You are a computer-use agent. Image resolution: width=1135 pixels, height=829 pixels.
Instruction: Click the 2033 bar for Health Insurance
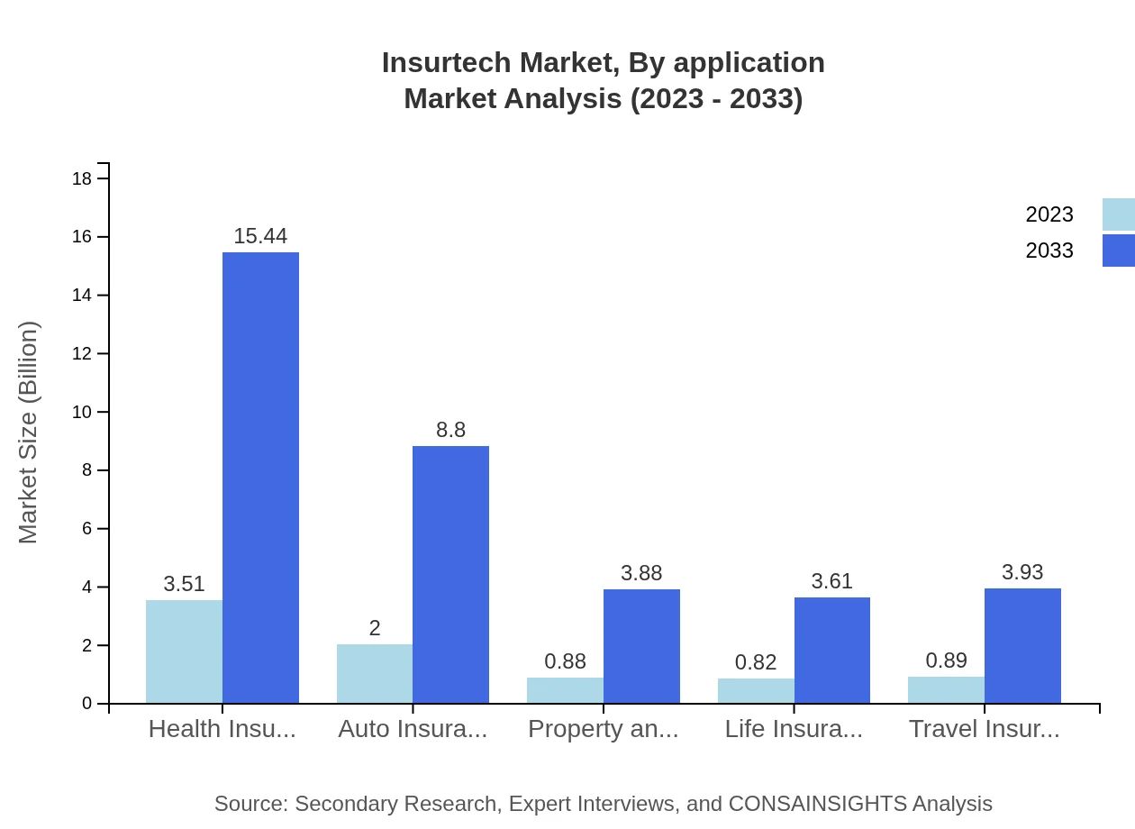click(260, 478)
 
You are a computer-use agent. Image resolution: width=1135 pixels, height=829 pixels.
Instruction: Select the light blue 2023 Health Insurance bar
click(184, 651)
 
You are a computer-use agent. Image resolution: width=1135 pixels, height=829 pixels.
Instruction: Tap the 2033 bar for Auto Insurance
click(450, 574)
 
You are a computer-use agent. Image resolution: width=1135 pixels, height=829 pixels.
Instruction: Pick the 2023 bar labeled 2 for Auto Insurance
click(375, 673)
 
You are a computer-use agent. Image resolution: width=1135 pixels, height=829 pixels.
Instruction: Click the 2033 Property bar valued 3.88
click(641, 646)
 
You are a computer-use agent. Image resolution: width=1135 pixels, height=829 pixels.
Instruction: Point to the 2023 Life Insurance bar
click(756, 690)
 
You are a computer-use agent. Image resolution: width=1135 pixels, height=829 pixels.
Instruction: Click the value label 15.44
click(260, 236)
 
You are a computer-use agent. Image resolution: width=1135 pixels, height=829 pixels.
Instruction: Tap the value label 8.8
click(450, 430)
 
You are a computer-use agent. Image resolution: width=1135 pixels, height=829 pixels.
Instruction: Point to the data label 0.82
click(756, 662)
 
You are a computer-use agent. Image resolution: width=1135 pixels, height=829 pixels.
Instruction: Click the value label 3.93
click(1022, 572)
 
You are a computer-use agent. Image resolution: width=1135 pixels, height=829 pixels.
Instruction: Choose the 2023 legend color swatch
click(1118, 214)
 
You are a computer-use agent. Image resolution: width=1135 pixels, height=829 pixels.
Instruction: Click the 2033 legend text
click(1049, 251)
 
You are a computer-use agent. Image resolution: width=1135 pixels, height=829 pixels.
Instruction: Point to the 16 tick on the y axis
click(82, 237)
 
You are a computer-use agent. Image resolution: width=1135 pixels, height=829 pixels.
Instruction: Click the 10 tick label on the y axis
click(82, 412)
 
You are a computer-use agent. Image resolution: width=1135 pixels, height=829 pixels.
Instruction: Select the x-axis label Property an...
click(603, 729)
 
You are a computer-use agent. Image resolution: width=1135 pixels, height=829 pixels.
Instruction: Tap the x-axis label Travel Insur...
click(984, 729)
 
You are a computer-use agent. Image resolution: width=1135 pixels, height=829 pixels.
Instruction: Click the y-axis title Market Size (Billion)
click(29, 433)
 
